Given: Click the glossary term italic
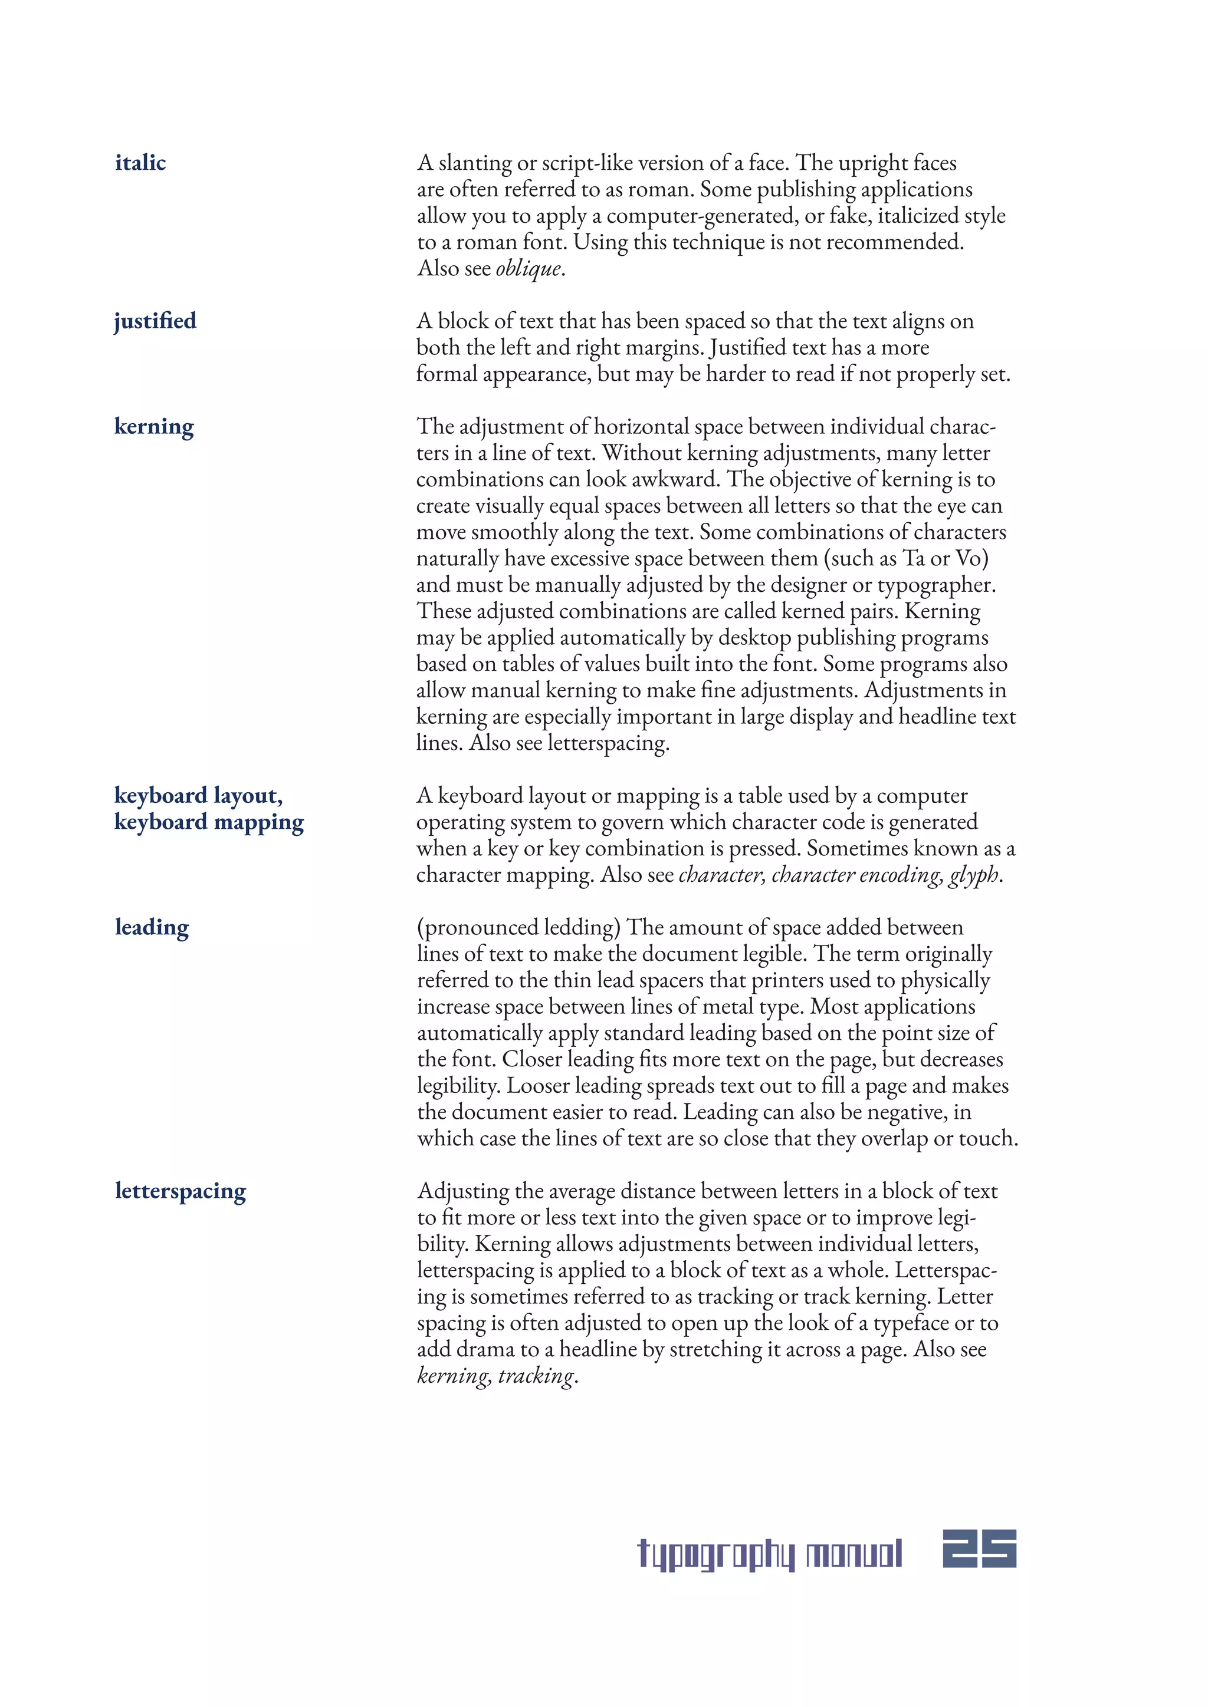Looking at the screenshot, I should click(140, 162).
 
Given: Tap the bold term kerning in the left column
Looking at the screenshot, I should click(154, 427).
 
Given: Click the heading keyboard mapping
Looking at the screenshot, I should click(209, 822).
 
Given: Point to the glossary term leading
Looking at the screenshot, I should click(152, 927).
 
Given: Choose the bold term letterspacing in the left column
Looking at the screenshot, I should click(180, 1191).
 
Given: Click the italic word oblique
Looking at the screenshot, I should click(528, 268).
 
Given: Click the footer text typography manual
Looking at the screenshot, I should click(770, 1554).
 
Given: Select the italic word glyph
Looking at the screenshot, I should click(974, 875).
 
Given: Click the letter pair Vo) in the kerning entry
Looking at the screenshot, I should click(971, 558).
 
